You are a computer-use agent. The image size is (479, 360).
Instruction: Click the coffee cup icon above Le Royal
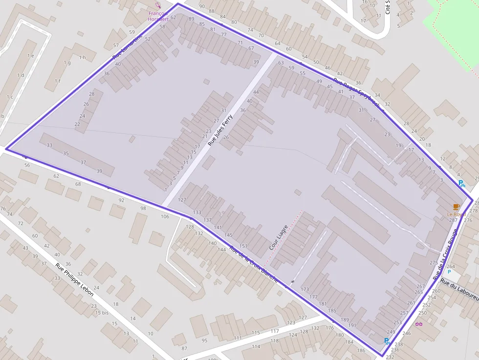click(x=456, y=207)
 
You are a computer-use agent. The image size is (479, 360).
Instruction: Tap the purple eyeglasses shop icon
click(x=418, y=324)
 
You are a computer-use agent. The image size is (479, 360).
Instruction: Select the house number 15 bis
click(x=102, y=313)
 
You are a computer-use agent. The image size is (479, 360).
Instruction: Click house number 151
click(x=243, y=246)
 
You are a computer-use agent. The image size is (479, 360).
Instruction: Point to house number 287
click(x=453, y=220)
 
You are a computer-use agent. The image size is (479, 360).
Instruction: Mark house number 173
click(x=305, y=290)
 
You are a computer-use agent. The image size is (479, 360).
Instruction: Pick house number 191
click(x=352, y=325)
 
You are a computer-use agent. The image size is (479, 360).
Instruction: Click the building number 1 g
click(x=66, y=63)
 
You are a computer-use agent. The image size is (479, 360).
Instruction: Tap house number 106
click(x=165, y=216)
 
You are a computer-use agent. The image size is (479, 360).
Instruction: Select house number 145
click(x=228, y=235)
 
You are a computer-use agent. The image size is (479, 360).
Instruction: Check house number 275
click(x=434, y=263)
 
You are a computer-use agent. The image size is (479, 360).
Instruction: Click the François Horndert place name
click(x=158, y=16)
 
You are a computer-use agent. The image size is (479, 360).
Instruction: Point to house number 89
click(x=191, y=19)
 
